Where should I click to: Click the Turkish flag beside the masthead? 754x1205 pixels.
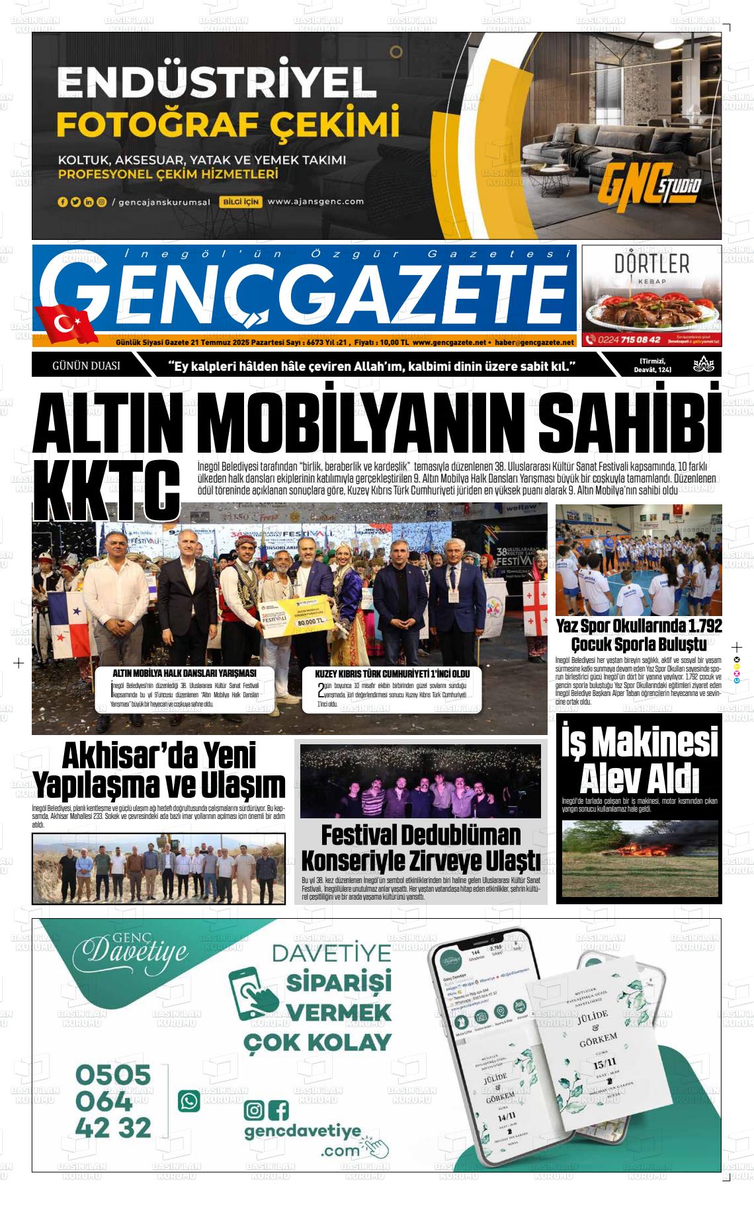point(65,324)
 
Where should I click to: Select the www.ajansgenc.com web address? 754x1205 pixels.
point(316,202)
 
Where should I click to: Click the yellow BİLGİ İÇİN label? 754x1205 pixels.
point(240,202)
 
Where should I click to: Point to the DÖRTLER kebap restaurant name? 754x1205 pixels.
point(651,264)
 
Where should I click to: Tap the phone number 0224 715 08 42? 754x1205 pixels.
point(629,339)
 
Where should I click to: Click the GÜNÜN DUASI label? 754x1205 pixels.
point(86,365)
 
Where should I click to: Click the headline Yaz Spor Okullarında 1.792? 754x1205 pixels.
point(639,625)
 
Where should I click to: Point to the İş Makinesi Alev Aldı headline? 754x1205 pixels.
point(640,760)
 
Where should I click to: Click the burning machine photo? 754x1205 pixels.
point(639,859)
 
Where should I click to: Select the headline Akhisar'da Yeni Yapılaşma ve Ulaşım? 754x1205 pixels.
point(159,771)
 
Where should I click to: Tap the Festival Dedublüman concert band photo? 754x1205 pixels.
point(420,781)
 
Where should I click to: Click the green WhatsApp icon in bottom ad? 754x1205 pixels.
point(189,1101)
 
